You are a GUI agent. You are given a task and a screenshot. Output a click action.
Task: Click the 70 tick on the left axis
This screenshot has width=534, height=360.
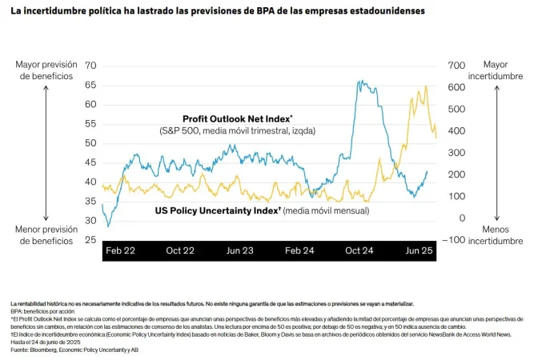90,66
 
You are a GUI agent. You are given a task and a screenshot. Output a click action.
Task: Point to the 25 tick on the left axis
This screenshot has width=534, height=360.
90,240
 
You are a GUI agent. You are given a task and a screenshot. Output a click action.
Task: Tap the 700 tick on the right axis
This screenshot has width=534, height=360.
456,66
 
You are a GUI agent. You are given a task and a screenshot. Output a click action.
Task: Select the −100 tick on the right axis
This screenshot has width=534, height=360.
455,240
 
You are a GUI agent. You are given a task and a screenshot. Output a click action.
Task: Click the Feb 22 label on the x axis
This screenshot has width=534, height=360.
120,250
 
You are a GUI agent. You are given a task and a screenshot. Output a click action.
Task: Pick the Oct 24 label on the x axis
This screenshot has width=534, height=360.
359,250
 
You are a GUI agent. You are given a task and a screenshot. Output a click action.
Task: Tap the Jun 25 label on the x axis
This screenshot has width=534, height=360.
420,250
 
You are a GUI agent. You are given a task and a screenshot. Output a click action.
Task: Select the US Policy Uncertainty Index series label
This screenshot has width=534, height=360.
215,211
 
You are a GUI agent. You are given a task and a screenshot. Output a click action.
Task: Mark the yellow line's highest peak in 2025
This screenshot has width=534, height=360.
425,86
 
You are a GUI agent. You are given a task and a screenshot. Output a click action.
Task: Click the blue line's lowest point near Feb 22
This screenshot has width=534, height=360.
109,226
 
